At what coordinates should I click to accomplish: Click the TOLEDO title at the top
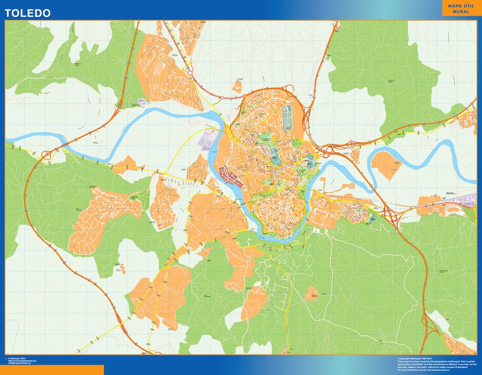click(x=28, y=13)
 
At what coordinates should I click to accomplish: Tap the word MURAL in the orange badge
click(x=461, y=11)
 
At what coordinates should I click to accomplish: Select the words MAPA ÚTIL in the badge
click(x=461, y=5)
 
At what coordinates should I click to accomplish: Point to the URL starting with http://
click(x=22, y=361)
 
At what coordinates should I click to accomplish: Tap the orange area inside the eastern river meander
click(x=386, y=164)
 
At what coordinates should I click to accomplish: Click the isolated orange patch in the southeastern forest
click(x=312, y=293)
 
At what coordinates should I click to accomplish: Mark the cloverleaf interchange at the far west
click(x=49, y=154)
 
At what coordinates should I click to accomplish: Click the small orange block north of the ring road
click(x=237, y=86)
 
